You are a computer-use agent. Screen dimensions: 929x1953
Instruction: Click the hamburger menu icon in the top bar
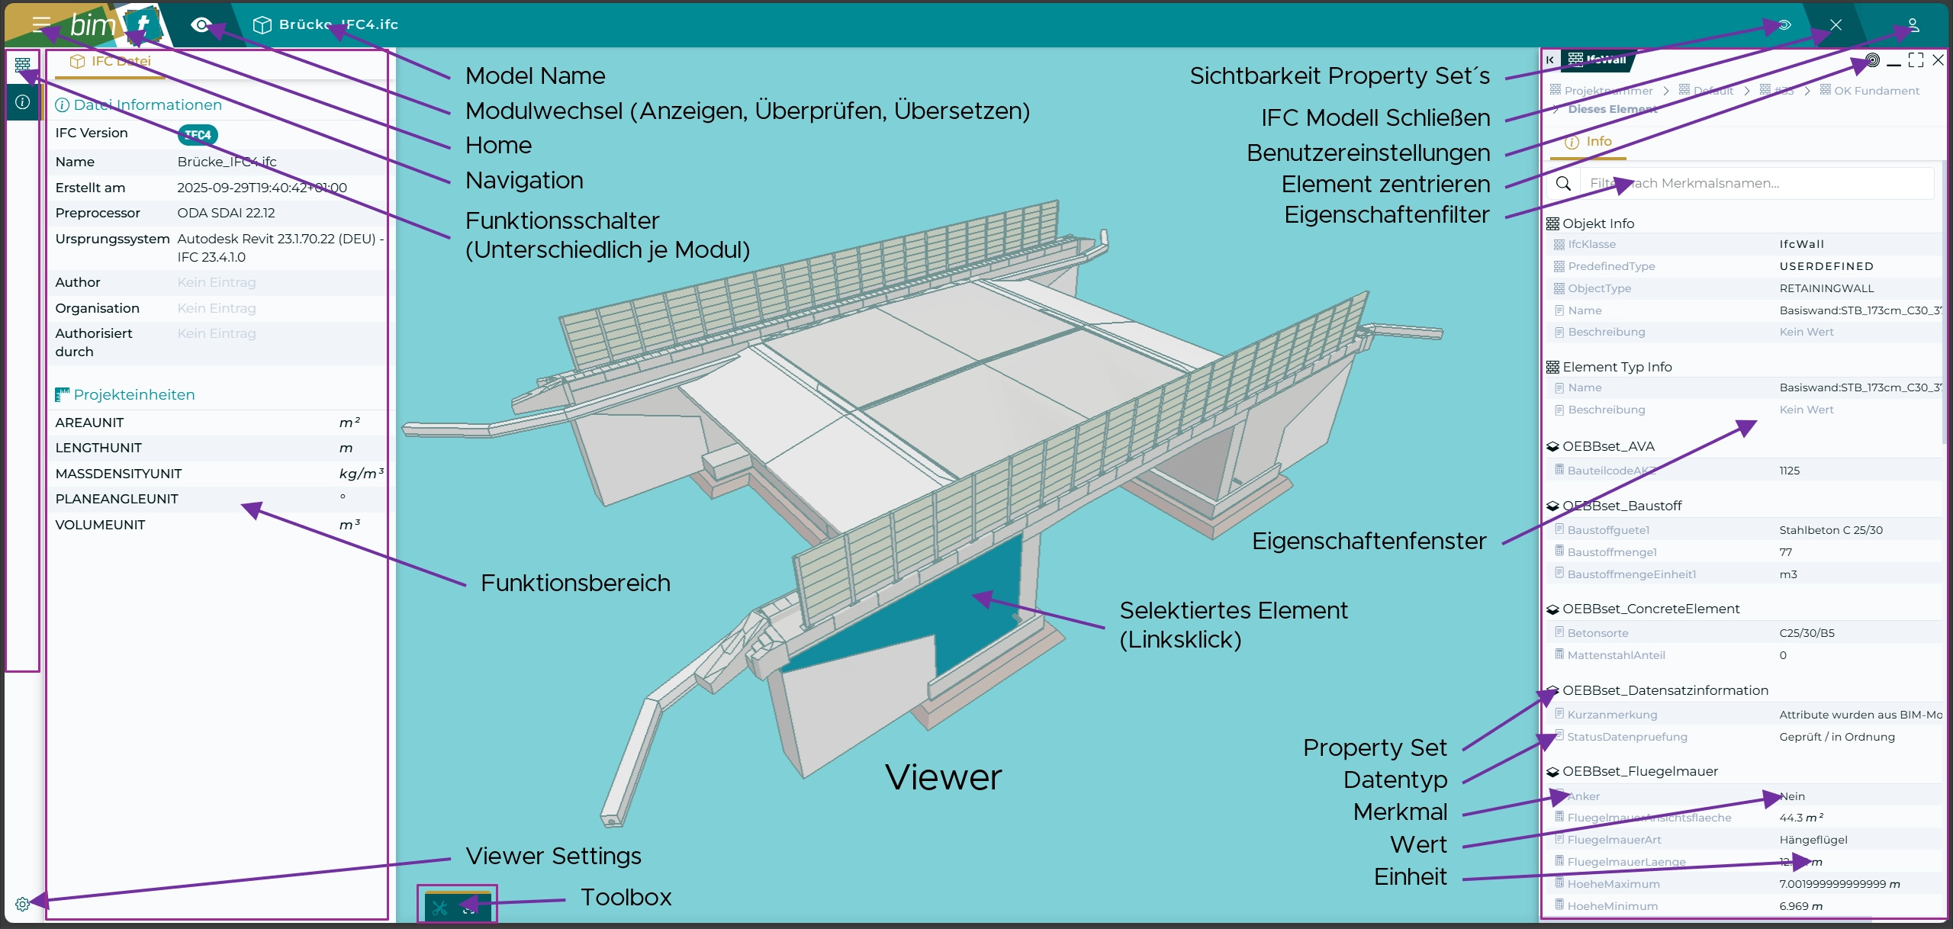pyautogui.click(x=41, y=24)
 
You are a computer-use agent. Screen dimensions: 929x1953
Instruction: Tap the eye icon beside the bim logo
pyautogui.click(x=201, y=25)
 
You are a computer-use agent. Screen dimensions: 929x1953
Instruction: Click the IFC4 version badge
pyautogui.click(x=198, y=135)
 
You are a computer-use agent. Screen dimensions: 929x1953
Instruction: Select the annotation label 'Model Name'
pyautogui.click(x=535, y=76)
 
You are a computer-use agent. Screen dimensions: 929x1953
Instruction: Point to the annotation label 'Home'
pyautogui.click(x=498, y=145)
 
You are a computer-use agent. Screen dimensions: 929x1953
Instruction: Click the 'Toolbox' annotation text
pyautogui.click(x=626, y=897)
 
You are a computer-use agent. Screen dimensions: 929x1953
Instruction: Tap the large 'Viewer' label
pyautogui.click(x=943, y=777)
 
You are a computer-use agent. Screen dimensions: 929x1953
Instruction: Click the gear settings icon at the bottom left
pyautogui.click(x=22, y=904)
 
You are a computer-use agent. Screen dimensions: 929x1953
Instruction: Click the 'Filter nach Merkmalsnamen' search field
pyautogui.click(x=1755, y=183)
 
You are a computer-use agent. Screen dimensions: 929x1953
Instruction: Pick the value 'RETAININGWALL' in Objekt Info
pyautogui.click(x=1826, y=288)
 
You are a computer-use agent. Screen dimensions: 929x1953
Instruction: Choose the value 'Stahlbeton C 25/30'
pyautogui.click(x=1830, y=530)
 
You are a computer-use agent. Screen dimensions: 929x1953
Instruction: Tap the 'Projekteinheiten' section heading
pyautogui.click(x=134, y=394)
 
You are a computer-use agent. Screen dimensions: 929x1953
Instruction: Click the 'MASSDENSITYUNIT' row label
pyautogui.click(x=118, y=474)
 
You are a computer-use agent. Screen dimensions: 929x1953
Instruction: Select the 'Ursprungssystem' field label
pyautogui.click(x=112, y=239)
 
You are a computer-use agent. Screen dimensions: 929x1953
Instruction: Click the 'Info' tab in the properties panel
pyautogui.click(x=1597, y=141)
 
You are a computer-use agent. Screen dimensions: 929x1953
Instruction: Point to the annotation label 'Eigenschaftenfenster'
pyautogui.click(x=1369, y=541)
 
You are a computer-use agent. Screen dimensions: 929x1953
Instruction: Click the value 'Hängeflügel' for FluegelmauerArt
pyautogui.click(x=1813, y=840)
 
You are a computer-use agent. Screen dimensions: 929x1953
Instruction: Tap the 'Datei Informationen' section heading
pyautogui.click(x=147, y=104)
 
